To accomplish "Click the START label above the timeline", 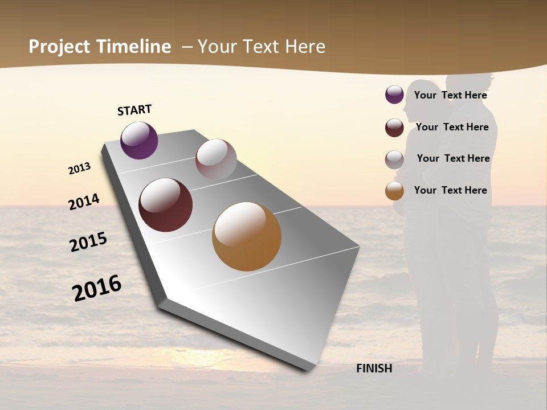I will (x=134, y=110).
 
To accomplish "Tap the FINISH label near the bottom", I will (x=374, y=368).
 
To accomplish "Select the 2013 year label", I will (x=79, y=169).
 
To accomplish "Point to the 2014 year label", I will (x=84, y=202).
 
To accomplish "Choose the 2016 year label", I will (x=97, y=288).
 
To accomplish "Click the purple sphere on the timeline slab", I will (x=139, y=140).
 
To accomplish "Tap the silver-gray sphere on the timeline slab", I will (x=216, y=159).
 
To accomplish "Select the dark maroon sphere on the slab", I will (x=165, y=205).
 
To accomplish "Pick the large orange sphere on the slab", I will (x=247, y=236).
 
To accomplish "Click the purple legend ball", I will (x=394, y=95).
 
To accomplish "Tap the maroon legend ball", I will (x=394, y=128).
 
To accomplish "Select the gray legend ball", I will (x=394, y=159).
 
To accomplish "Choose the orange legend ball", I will (x=394, y=191).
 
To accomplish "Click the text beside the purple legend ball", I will (x=450, y=95).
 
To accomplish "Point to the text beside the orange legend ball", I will (x=450, y=190).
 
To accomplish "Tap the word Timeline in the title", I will (x=133, y=47).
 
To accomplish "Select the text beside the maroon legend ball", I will (x=452, y=127).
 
